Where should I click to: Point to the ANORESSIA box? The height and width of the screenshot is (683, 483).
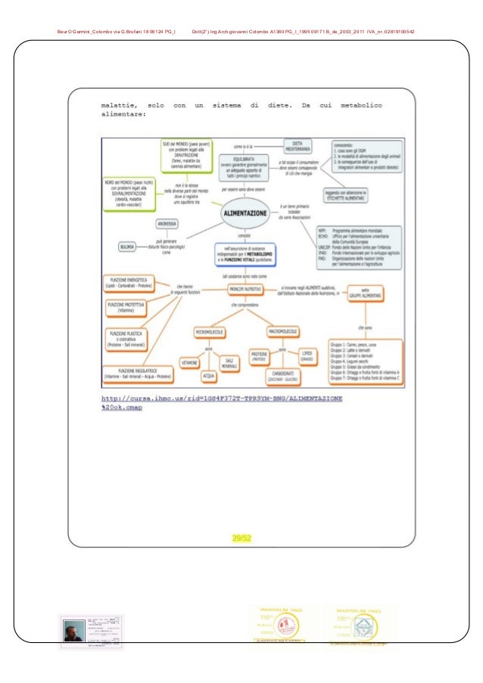pyautogui.click(x=168, y=225)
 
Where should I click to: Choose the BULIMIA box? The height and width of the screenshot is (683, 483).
pyautogui.click(x=127, y=247)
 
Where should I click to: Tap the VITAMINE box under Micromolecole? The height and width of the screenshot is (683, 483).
pyautogui.click(x=189, y=363)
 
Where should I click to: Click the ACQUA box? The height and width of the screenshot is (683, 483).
pyautogui.click(x=209, y=375)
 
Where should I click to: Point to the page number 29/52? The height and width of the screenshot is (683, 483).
pyautogui.click(x=241, y=539)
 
